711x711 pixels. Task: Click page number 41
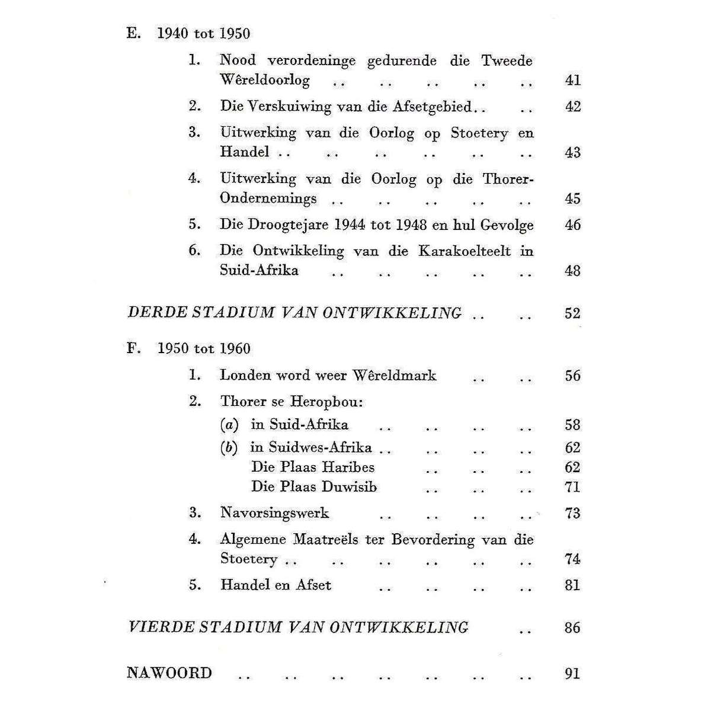[x=572, y=80]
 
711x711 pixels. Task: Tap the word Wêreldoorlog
[x=264, y=80]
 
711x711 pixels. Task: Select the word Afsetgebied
[x=432, y=107]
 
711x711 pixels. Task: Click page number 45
[x=572, y=198]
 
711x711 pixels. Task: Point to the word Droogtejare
[x=280, y=225]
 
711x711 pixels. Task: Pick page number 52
[x=572, y=313]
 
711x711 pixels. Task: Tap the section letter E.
[x=133, y=34]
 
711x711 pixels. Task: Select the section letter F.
[x=133, y=348]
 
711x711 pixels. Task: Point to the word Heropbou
[x=326, y=402]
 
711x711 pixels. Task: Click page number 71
[x=572, y=487]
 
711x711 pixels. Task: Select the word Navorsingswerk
[x=274, y=513]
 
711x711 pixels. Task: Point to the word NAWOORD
[x=169, y=673]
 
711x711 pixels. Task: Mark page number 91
[x=572, y=674]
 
